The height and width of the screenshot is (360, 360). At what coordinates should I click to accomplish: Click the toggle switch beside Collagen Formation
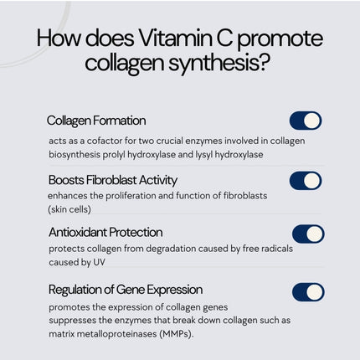(x=306, y=121)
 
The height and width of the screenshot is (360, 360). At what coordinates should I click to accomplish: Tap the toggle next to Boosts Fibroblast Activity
(x=306, y=180)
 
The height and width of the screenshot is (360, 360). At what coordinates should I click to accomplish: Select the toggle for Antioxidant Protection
(x=308, y=234)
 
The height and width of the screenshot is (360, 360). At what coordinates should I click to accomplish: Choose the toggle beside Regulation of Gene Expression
(x=308, y=291)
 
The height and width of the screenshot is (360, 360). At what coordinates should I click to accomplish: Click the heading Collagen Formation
(x=96, y=121)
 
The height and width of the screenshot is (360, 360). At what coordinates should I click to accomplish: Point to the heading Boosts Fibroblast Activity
(x=113, y=179)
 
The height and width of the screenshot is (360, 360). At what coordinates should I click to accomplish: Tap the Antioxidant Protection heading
(x=105, y=232)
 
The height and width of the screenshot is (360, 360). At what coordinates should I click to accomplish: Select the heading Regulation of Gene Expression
(x=125, y=290)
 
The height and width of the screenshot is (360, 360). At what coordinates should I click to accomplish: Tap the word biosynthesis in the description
(x=77, y=155)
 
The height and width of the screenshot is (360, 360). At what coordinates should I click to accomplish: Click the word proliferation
(x=135, y=195)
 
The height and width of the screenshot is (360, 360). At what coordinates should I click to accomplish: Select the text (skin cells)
(x=69, y=209)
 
